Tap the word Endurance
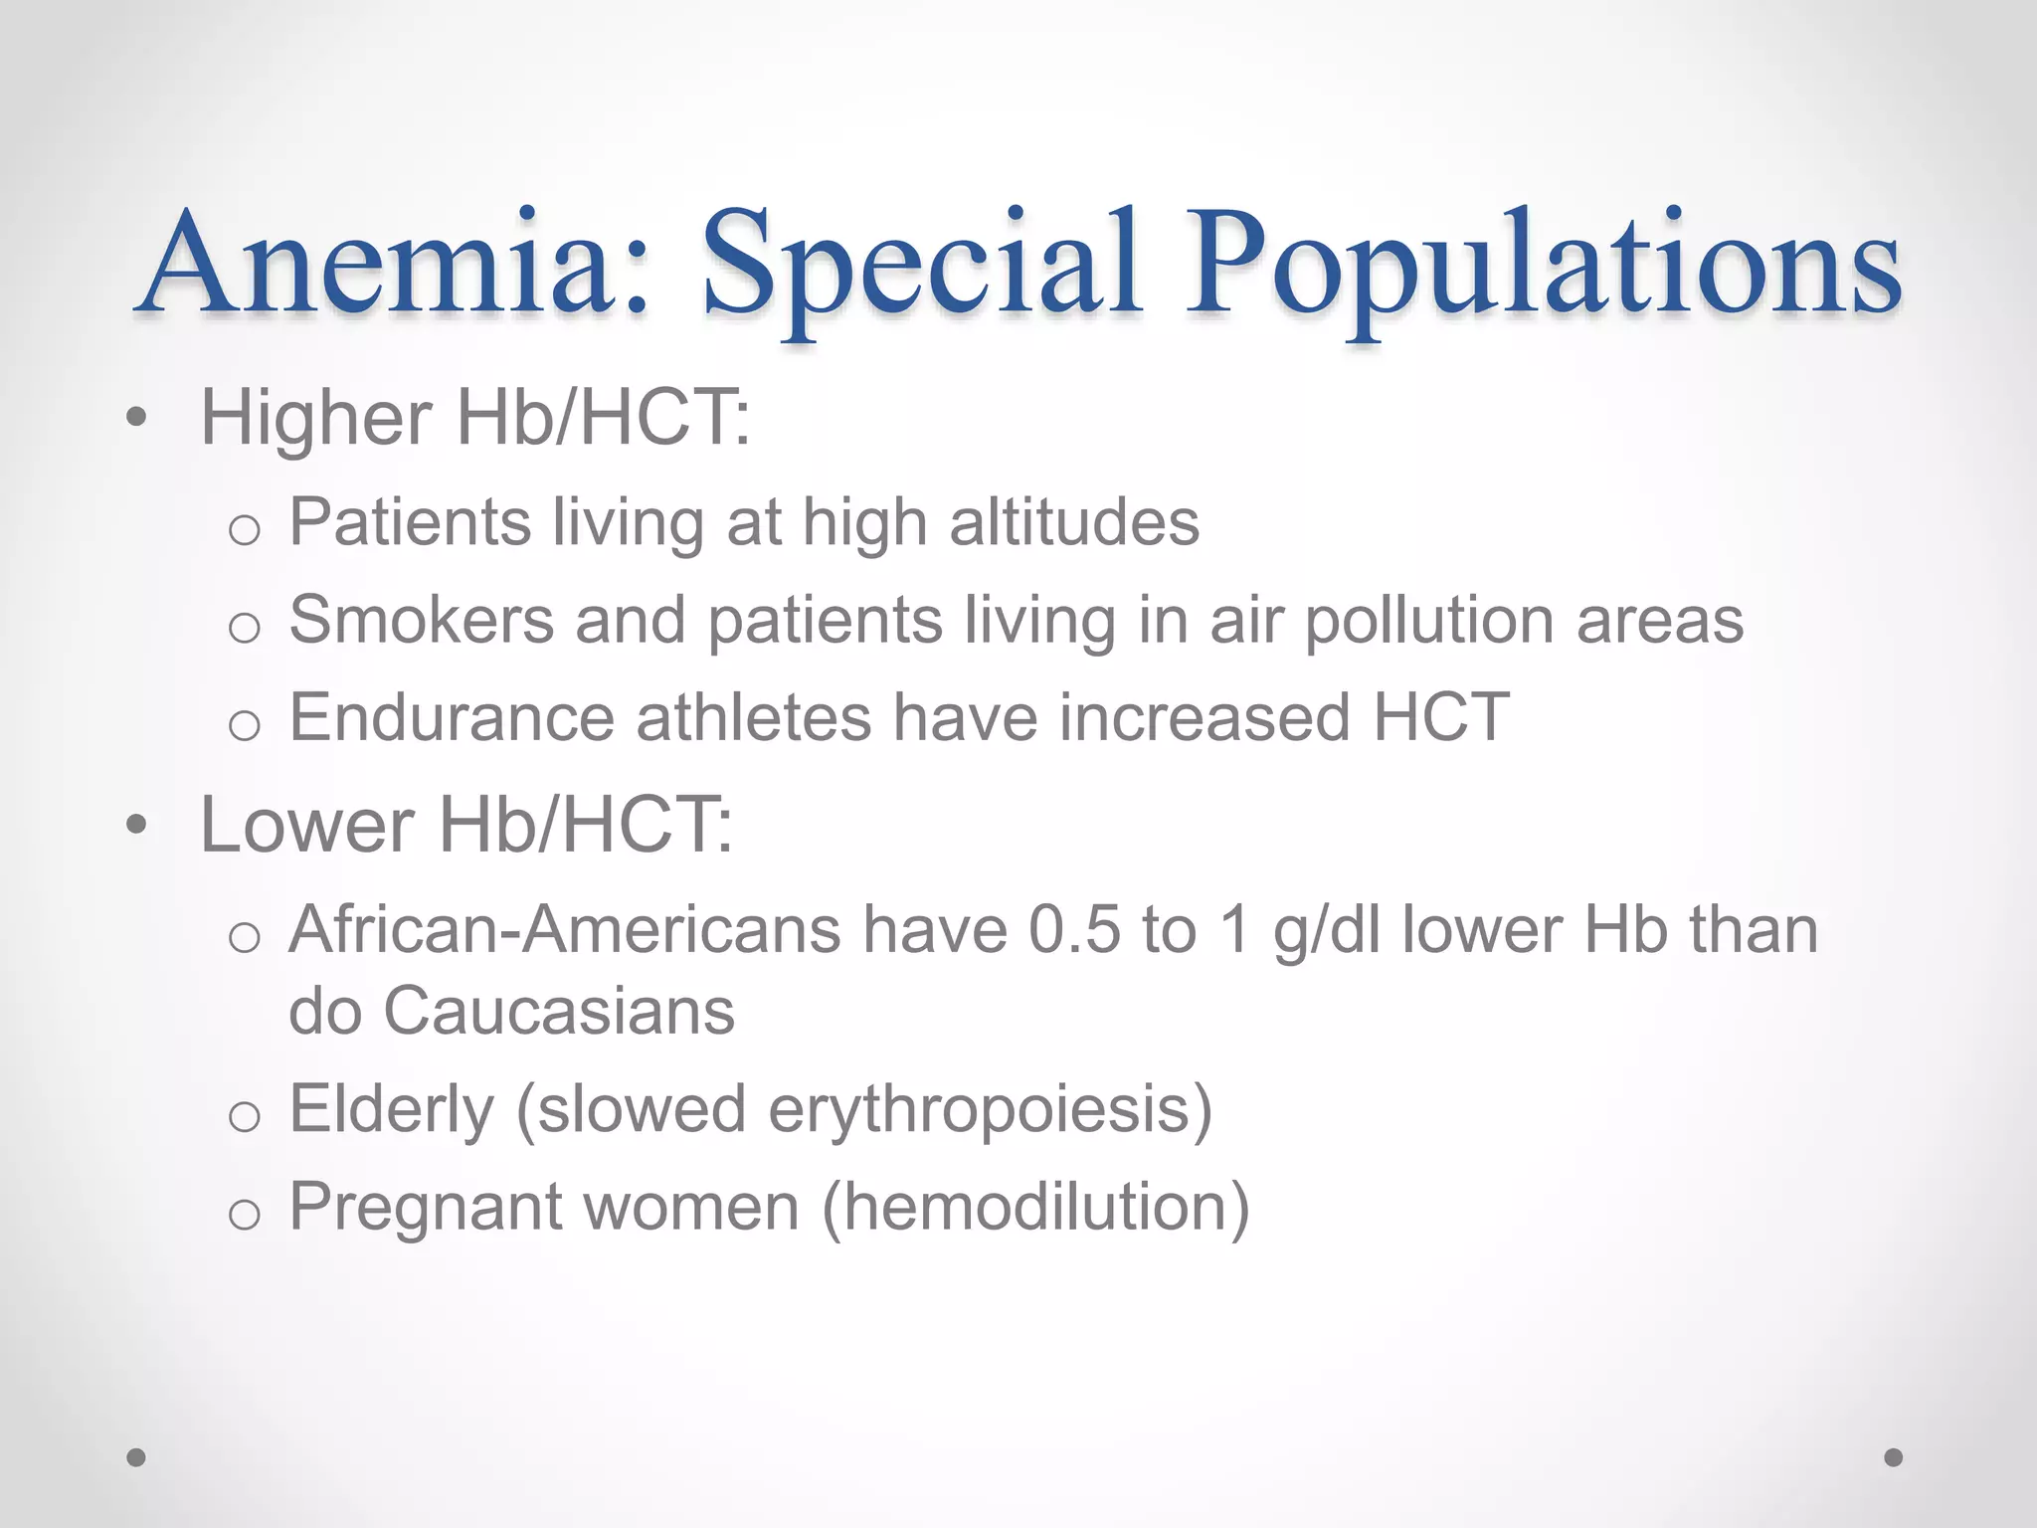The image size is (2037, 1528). [452, 717]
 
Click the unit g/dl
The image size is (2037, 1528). [1327, 933]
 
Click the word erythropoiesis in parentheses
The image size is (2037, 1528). [979, 1110]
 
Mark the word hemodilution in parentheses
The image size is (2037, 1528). [1035, 1208]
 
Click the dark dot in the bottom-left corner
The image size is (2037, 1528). [136, 1457]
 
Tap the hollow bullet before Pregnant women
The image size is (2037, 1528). [244, 1215]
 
